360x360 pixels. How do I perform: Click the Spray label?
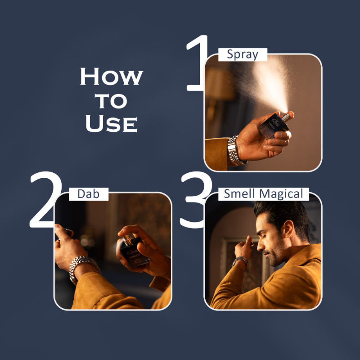[x=243, y=55]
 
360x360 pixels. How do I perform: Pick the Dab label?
[x=89, y=194]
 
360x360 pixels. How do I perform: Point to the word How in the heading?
[x=111, y=77]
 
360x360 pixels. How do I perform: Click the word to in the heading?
[x=111, y=101]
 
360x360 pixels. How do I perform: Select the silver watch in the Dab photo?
[x=83, y=268]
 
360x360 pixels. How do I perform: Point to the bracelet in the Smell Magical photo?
[x=240, y=261]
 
